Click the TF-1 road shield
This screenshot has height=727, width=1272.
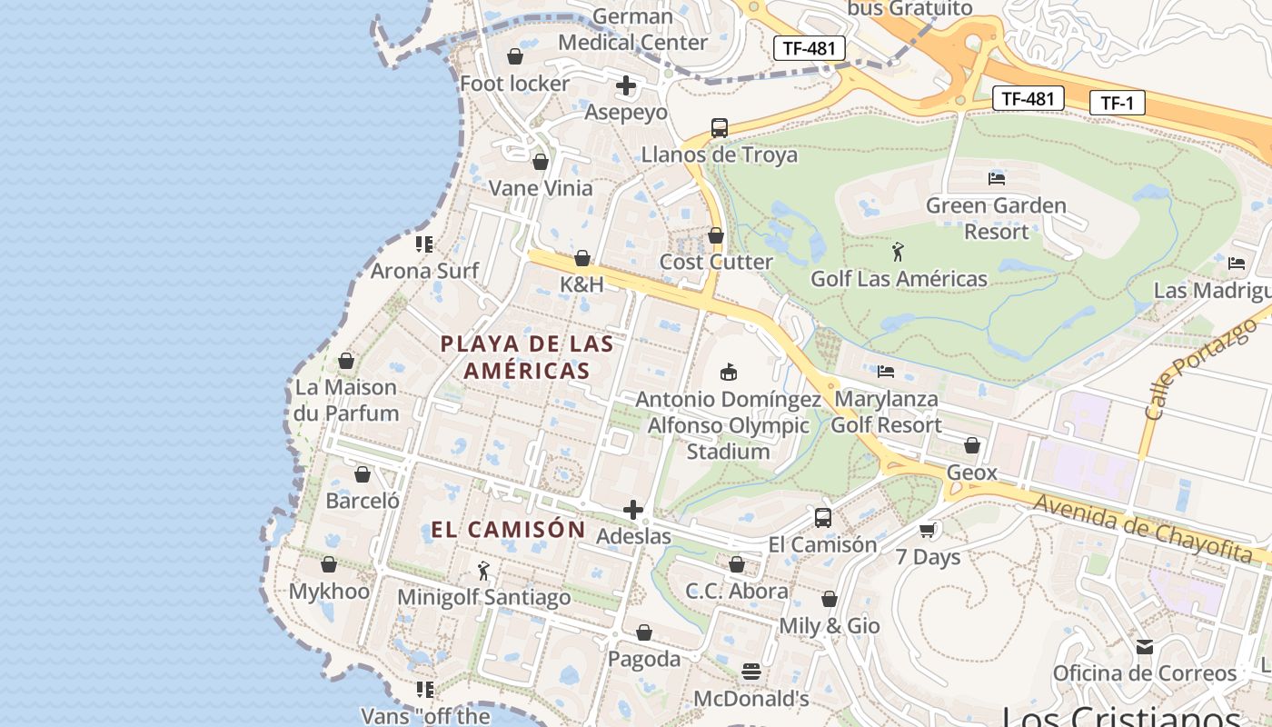coord(1117,103)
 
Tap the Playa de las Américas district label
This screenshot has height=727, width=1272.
coord(527,357)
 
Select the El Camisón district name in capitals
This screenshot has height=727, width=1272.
coord(508,530)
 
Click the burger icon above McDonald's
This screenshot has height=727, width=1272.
coord(750,672)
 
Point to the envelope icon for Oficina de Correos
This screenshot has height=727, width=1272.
coord(1144,647)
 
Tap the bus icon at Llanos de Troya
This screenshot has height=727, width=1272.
coord(719,127)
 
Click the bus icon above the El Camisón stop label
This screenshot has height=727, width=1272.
coord(822,518)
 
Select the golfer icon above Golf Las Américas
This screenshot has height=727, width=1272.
coord(898,252)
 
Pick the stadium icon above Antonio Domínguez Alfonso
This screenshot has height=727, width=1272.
coord(728,372)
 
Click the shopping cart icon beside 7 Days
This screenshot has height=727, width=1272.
coord(928,530)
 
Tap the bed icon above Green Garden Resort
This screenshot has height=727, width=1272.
coord(996,178)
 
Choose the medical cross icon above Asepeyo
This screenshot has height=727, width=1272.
coord(626,86)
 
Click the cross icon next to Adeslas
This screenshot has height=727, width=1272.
coord(633,510)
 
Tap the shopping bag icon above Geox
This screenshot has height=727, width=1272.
coord(971,445)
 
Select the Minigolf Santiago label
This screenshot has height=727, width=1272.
coord(484,597)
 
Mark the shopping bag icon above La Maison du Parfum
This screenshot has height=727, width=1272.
coord(345,361)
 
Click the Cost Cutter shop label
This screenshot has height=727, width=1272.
coord(716,262)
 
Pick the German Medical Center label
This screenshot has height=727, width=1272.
coord(632,29)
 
